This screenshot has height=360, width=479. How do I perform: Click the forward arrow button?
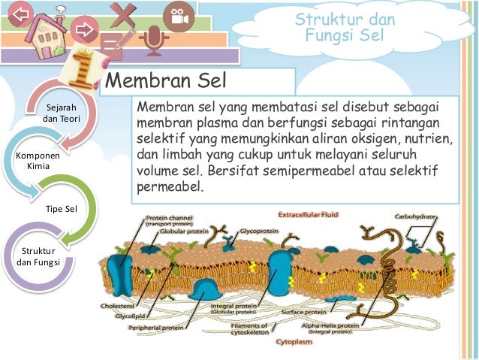click(84, 30)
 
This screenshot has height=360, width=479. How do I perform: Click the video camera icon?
click(178, 18)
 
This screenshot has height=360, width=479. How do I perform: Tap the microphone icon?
click(153, 41)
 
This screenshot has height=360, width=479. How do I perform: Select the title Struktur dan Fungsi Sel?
click(345, 26)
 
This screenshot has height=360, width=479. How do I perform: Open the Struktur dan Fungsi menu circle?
click(38, 256)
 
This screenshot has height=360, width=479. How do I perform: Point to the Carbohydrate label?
click(417, 216)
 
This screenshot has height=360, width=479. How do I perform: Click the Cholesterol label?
click(117, 307)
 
